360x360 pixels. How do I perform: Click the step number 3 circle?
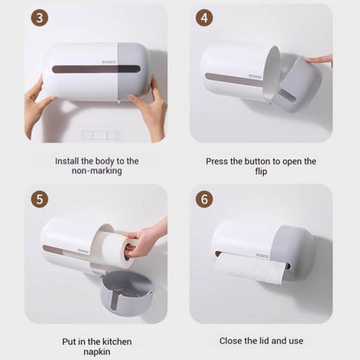pyautogui.click(x=39, y=18)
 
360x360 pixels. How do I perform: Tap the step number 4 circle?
pyautogui.click(x=204, y=18)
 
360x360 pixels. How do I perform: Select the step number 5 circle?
pyautogui.click(x=39, y=199)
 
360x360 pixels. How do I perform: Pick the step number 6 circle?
pyautogui.click(x=204, y=199)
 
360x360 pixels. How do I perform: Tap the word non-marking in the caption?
pyautogui.click(x=97, y=170)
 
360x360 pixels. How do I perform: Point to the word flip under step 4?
pyautogui.click(x=261, y=171)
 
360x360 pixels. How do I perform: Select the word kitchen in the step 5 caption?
pyautogui.click(x=117, y=342)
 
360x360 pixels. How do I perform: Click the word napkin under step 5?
pyautogui.click(x=97, y=352)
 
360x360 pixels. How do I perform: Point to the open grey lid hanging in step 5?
pyautogui.click(x=127, y=292)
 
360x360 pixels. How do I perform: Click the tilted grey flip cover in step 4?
pyautogui.click(x=297, y=85)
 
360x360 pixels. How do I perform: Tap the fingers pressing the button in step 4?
pyautogui.click(x=319, y=60)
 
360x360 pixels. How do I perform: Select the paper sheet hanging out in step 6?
pyautogui.click(x=248, y=269)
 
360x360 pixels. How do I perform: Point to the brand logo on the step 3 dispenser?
pyautogui.click(x=109, y=62)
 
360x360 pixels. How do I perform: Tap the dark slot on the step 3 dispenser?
pyautogui.click(x=96, y=69)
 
